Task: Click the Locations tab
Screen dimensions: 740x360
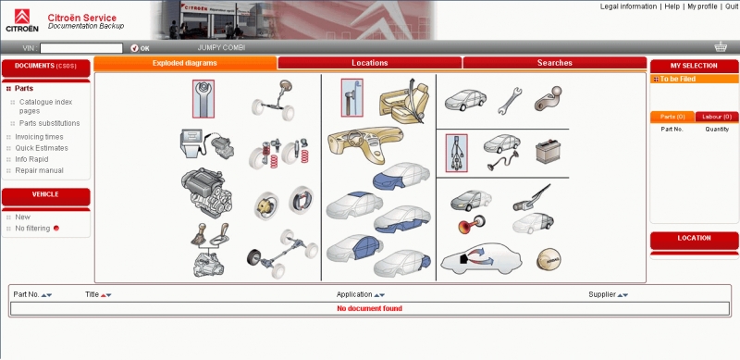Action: tap(369, 63)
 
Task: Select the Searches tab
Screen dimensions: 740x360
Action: tap(554, 63)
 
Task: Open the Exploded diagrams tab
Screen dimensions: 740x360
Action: tap(185, 63)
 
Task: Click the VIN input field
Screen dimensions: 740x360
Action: tap(81, 48)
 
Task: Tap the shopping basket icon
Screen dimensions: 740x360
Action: tap(721, 47)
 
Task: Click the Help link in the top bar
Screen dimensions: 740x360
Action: tap(672, 6)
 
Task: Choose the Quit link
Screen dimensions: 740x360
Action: tap(732, 6)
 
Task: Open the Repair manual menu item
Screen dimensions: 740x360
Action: tap(39, 170)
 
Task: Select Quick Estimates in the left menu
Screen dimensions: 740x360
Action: tap(42, 148)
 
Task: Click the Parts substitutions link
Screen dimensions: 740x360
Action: tap(50, 123)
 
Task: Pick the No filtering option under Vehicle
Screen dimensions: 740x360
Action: tap(32, 229)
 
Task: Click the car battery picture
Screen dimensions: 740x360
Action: tap(548, 152)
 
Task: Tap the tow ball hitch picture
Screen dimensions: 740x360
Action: tap(548, 98)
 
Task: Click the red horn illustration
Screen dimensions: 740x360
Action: tap(472, 224)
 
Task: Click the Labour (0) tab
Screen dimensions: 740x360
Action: tap(717, 117)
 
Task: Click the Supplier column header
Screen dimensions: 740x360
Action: tap(602, 294)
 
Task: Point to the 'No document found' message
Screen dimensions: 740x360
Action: tap(369, 308)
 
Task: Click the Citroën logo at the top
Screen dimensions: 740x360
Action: tap(22, 20)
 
